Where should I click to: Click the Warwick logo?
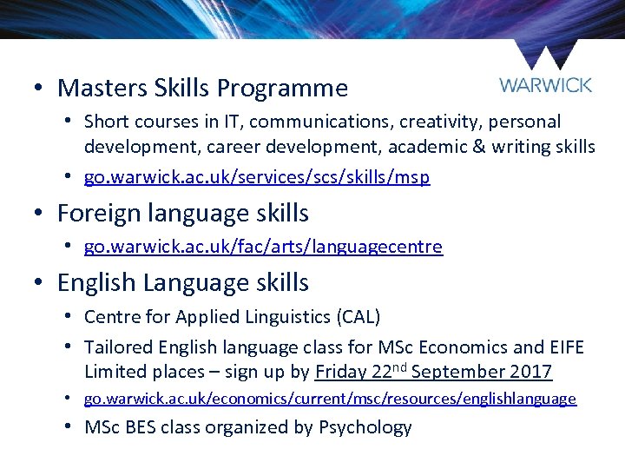[546, 70]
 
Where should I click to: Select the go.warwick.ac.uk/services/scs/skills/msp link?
[256, 177]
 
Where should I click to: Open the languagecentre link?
[263, 247]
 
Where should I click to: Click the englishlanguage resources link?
[330, 399]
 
